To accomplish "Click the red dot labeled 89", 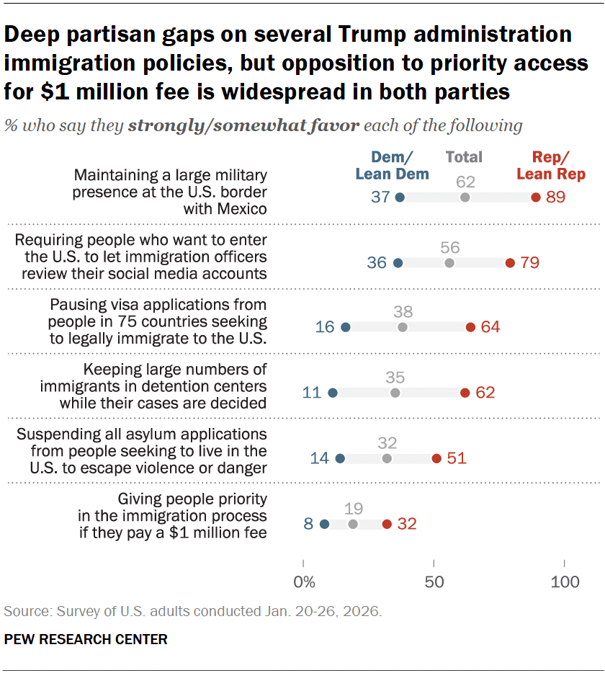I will (535, 197).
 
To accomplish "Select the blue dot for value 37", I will (400, 197).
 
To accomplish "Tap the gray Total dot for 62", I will (465, 197).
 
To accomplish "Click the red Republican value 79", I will (529, 262).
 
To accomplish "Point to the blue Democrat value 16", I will (325, 327).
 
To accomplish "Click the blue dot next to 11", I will (332, 393).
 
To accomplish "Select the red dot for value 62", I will (465, 393).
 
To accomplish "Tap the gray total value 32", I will (387, 442).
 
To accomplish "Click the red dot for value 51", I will (436, 458).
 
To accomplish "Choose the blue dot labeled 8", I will (324, 524).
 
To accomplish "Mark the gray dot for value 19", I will (353, 524).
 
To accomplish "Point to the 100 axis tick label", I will (564, 581).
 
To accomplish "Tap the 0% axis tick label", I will (304, 581).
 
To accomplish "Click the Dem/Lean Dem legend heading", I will (392, 165).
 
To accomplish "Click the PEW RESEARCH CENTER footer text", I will (86, 639).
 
